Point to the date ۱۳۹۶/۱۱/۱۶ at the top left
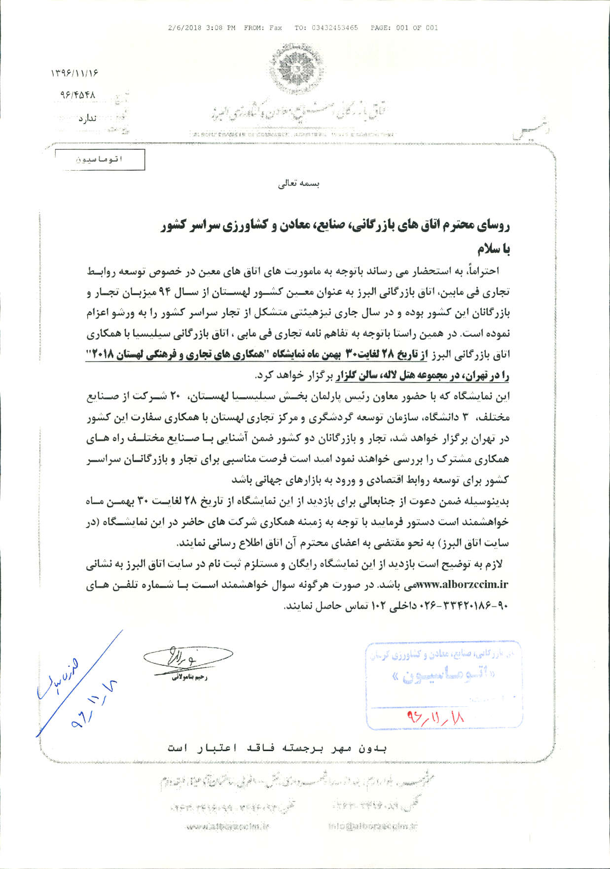tap(74, 73)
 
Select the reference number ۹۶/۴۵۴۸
tap(77, 94)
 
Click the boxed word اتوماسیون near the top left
tap(100, 159)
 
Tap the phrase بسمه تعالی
tap(299, 184)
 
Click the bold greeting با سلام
tap(493, 248)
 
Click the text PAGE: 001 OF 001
tap(404, 28)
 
